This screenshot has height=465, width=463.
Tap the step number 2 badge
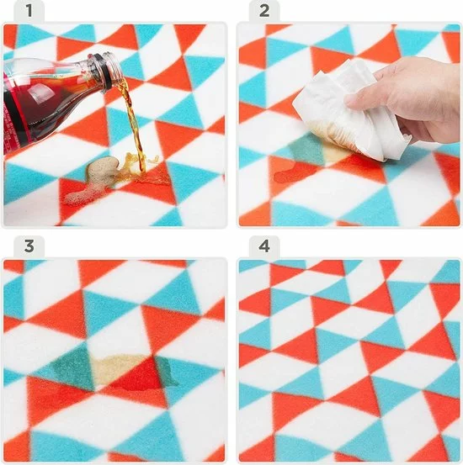[x=263, y=11]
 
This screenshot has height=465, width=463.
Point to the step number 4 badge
[x=263, y=246]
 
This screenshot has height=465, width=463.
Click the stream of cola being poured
[x=133, y=126]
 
